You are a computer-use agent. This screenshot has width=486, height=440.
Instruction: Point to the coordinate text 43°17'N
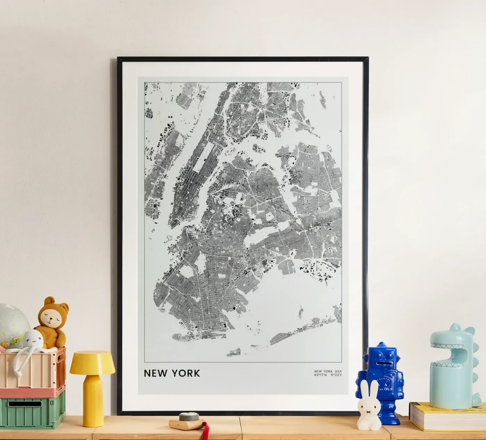point(320,374)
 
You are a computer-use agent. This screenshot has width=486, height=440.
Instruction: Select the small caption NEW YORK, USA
point(328,371)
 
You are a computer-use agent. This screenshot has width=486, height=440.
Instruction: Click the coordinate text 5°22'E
point(336,374)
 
